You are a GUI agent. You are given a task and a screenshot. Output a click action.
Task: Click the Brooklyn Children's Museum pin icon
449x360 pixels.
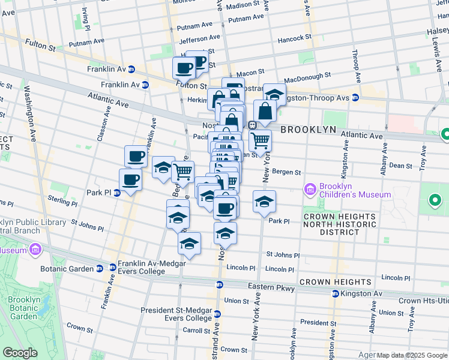[310, 190]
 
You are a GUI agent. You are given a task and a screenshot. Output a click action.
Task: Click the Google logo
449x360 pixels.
[20, 353]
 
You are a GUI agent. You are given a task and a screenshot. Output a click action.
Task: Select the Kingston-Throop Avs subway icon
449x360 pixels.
[355, 97]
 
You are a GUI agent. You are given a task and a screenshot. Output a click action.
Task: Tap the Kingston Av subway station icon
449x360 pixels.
[336, 293]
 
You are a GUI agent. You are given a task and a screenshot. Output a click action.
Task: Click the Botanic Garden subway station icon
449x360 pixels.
[112, 268]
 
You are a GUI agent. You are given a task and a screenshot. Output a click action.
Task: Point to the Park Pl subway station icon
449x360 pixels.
[117, 193]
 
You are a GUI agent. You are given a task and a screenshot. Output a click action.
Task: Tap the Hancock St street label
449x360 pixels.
[294, 38]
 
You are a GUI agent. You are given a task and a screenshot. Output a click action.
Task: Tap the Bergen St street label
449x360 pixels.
[286, 172]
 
